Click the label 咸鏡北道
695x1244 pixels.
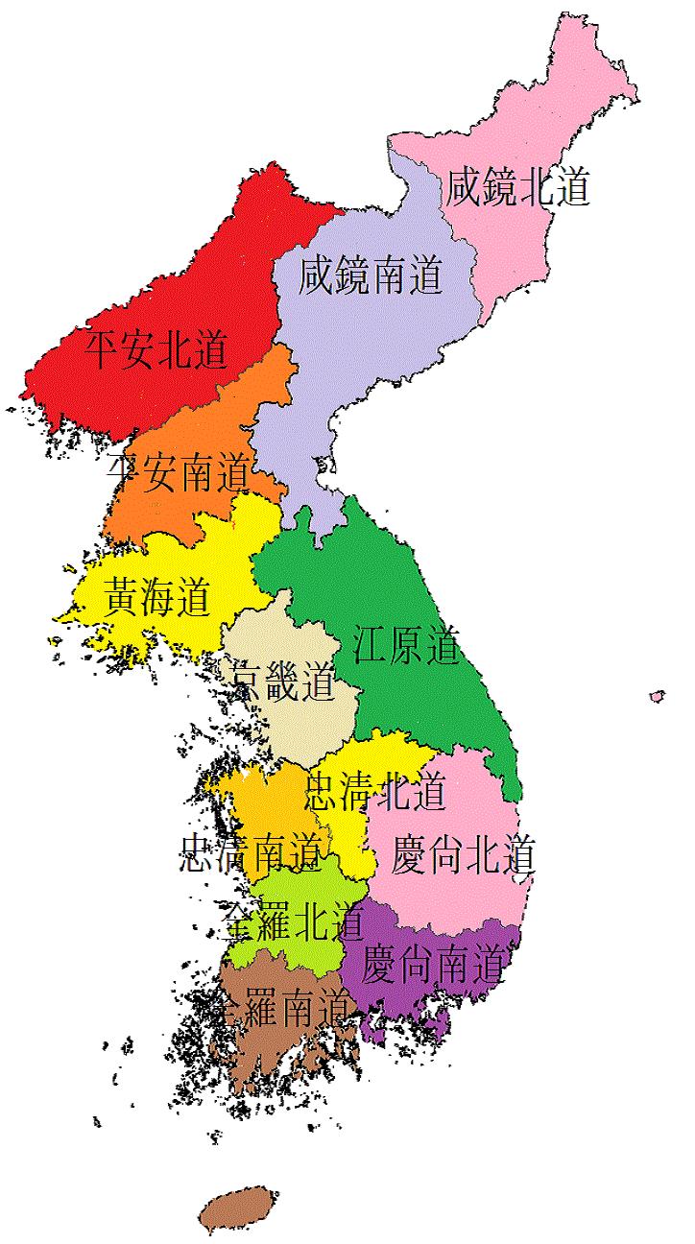tap(516, 189)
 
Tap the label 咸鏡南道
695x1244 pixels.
tap(371, 276)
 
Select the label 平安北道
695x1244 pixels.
tap(156, 350)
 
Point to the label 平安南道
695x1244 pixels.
tap(179, 471)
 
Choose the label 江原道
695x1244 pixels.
tap(405, 646)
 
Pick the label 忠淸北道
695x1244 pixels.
tap(375, 793)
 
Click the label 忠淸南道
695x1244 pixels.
tap(250, 852)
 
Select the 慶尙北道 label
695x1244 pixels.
tap(463, 854)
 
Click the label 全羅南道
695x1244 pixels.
tap(283, 1007)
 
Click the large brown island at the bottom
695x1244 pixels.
tap(236, 1209)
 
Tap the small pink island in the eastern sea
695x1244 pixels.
tap(657, 696)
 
